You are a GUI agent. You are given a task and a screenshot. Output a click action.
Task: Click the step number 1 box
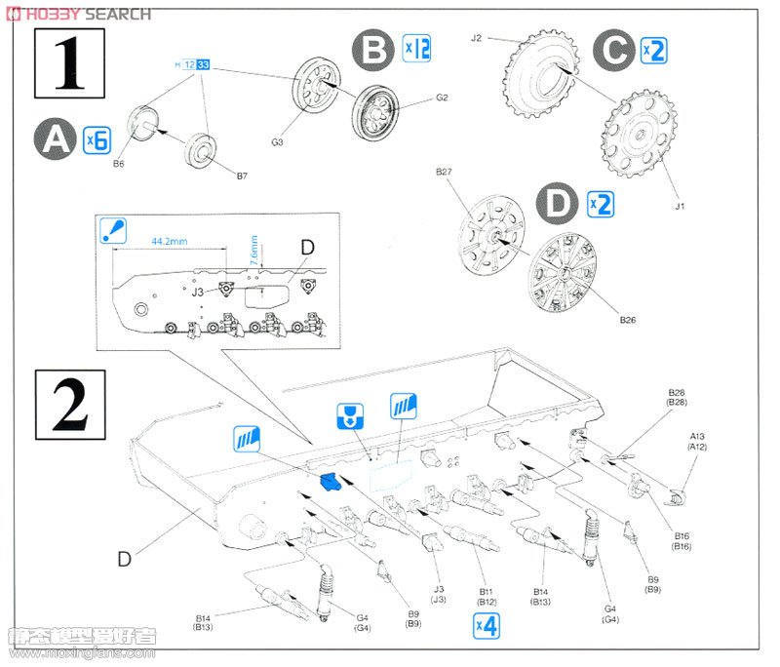(68, 63)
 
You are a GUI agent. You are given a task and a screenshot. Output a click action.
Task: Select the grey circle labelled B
(373, 48)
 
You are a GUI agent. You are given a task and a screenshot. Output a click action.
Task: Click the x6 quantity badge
(95, 138)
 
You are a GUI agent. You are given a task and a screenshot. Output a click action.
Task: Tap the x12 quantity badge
(416, 48)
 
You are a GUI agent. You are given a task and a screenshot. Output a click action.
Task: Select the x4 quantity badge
(487, 626)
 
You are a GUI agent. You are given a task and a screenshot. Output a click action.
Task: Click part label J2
(477, 38)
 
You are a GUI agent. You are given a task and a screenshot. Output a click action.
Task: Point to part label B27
(446, 174)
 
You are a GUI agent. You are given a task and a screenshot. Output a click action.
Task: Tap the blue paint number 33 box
(203, 63)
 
